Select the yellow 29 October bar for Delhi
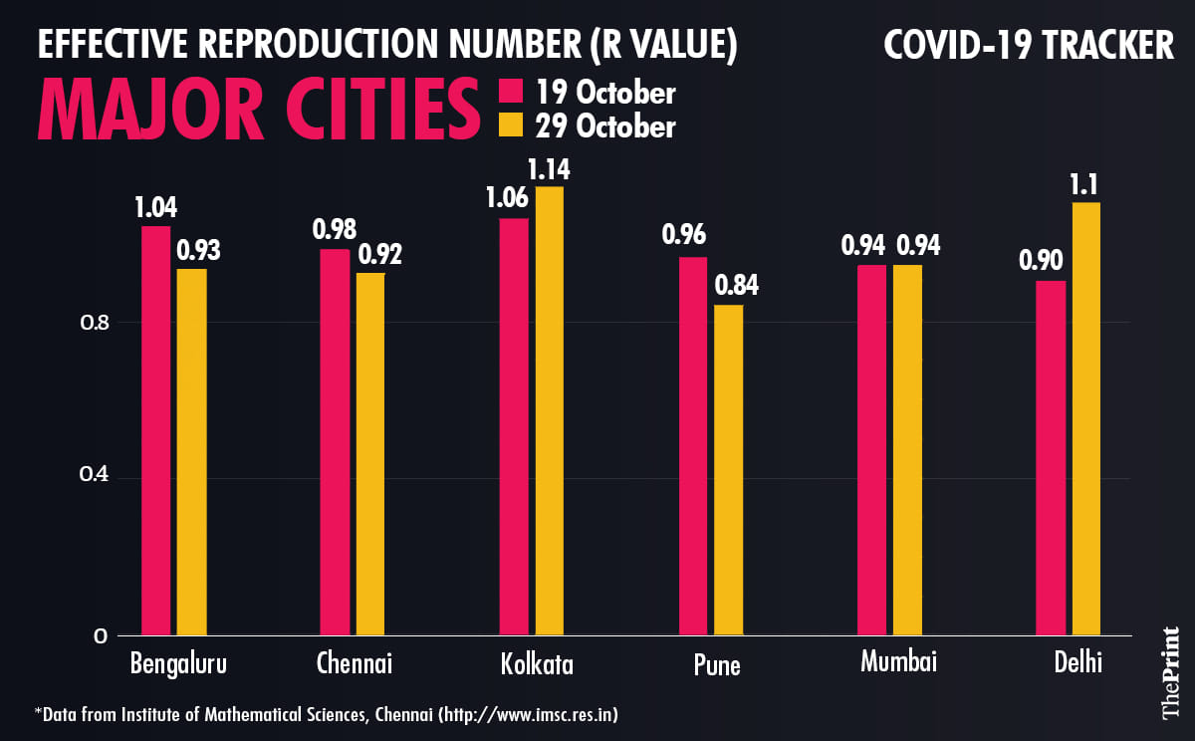pos(1086,418)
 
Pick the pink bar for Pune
pos(693,445)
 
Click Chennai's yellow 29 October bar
pos(370,453)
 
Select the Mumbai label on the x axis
pos(899,661)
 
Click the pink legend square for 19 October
pos(510,93)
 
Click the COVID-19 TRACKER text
pos(1029,45)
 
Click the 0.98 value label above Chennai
pos(335,229)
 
